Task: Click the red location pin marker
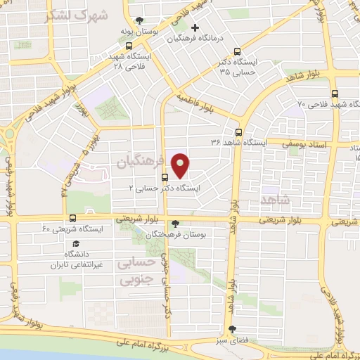[x=181, y=165]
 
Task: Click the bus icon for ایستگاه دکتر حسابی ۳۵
[x=237, y=51]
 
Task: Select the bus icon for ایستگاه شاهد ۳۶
[x=238, y=131]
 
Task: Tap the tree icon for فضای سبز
[x=232, y=328]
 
